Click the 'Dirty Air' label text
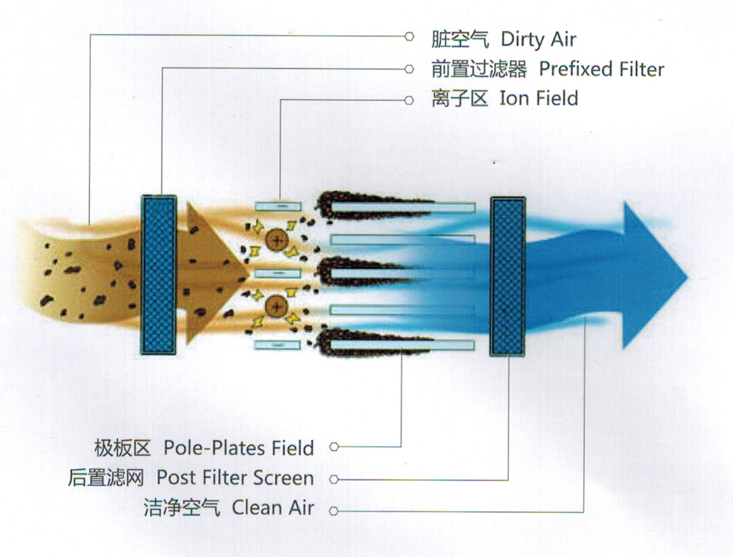coord(538,40)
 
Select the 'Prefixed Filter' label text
coord(601,69)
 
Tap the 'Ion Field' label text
coord(538,98)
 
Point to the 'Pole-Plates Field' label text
coord(238,448)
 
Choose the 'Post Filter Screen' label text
coord(235,478)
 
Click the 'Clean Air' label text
coord(273,508)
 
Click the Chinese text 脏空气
coord(460,40)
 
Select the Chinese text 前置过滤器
coord(479,69)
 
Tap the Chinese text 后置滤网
coord(106,478)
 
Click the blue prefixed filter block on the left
coord(159,275)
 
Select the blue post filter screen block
coord(508,276)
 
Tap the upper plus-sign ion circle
coord(276,239)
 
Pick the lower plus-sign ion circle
coord(276,307)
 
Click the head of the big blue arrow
coord(654,276)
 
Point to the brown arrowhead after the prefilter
coord(217,273)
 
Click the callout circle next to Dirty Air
coord(409,36)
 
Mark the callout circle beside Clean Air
coord(334,511)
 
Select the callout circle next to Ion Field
coord(409,100)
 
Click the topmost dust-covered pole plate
coord(395,206)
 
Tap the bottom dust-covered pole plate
coord(395,344)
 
